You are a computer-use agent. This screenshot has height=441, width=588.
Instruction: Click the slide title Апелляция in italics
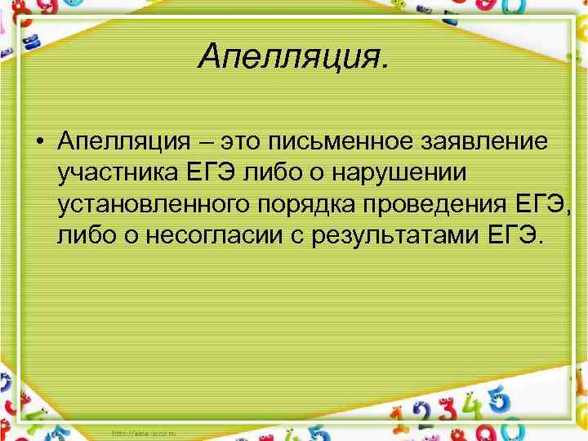[293, 58]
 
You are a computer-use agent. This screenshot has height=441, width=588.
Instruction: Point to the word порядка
[311, 206]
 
